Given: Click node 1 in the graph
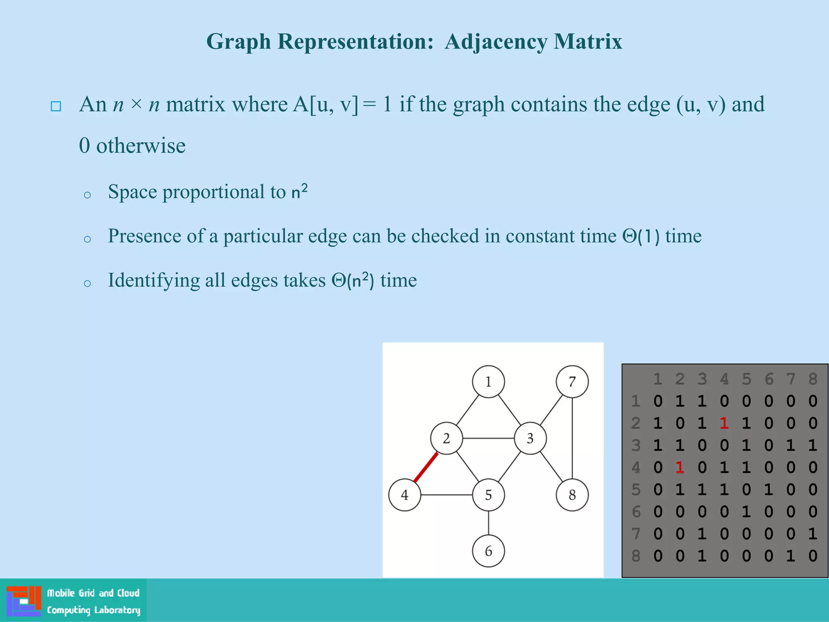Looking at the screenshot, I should (x=488, y=381).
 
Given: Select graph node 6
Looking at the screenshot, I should (x=488, y=551).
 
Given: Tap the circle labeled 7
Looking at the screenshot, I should (x=572, y=381).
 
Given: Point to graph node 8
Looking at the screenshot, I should (x=572, y=494).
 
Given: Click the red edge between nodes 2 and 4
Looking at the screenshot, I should (x=426, y=467).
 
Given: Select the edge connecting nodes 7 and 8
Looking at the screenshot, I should (x=572, y=438).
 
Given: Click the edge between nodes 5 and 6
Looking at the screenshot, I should (x=488, y=523).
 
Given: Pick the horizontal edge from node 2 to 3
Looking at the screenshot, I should (x=488, y=438).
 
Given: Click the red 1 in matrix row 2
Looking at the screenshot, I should (x=724, y=423).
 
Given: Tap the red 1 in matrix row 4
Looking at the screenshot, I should (x=680, y=467).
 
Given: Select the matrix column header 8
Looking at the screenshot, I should (x=813, y=379).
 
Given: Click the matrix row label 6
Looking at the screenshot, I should (x=636, y=512).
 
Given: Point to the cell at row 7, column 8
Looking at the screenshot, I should (x=813, y=534).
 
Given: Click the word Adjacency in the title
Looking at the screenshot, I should (x=496, y=41).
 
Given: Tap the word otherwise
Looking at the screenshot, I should (x=140, y=146).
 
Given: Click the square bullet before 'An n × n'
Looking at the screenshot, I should (x=56, y=106).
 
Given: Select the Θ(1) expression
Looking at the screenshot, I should (x=641, y=236).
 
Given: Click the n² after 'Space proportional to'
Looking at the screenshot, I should (x=299, y=191).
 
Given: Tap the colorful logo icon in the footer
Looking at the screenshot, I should (x=24, y=601).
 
